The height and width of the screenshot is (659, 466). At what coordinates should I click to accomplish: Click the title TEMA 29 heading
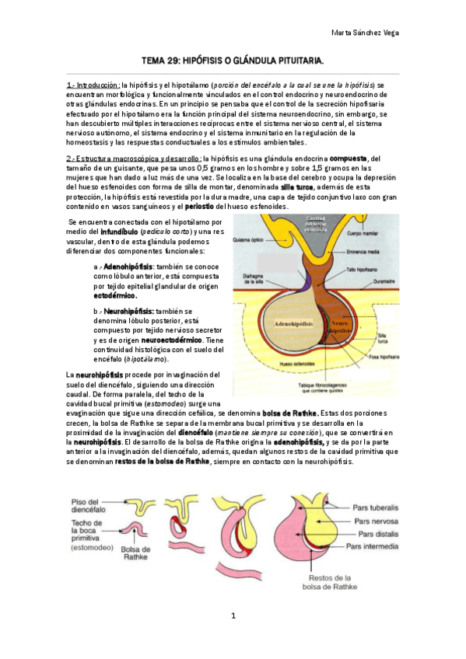point(232,60)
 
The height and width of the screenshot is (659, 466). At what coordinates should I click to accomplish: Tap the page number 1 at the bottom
point(233,615)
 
